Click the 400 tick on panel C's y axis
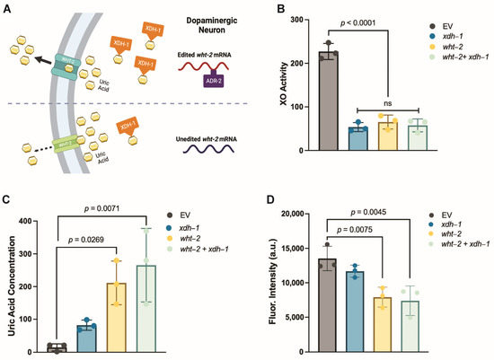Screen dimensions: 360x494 pos(30,220)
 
